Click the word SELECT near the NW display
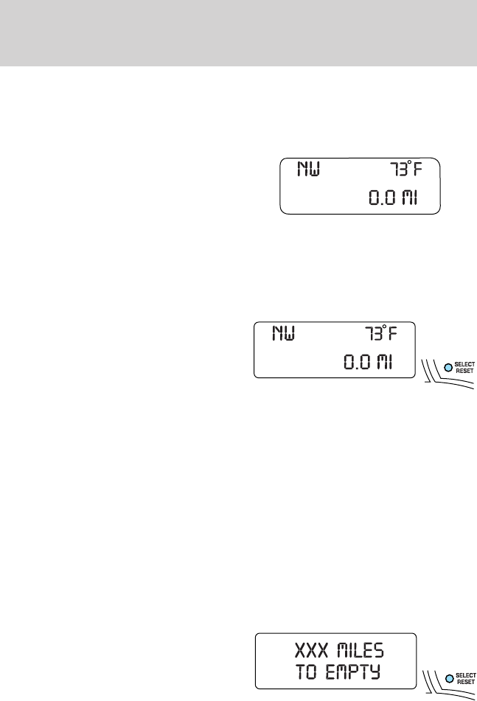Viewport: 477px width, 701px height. point(466,364)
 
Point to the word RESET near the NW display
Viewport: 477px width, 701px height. point(466,371)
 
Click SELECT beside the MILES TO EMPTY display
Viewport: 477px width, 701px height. point(466,672)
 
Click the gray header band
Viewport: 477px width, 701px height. point(238,32)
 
